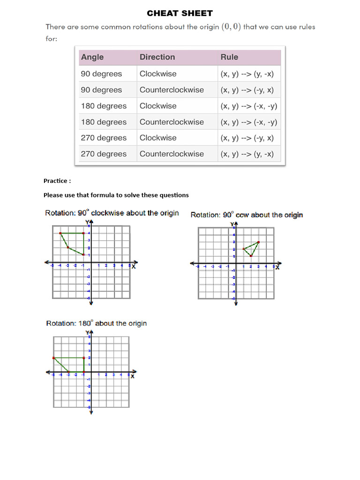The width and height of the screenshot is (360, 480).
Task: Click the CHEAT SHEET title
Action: [x=180, y=13]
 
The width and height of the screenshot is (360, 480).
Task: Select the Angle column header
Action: [x=92, y=57]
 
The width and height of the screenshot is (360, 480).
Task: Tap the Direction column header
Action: [x=157, y=57]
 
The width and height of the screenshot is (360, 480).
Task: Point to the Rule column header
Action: [x=229, y=57]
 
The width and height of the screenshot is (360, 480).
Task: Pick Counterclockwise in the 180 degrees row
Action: [x=172, y=122]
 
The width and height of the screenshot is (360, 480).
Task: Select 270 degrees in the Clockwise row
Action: [x=104, y=138]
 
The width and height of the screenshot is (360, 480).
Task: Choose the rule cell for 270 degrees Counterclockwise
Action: [x=247, y=154]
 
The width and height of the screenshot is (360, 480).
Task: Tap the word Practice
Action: [x=57, y=181]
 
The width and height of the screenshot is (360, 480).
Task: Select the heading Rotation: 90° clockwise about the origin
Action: [x=112, y=213]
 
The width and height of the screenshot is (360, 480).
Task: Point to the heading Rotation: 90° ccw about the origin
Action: [x=247, y=215]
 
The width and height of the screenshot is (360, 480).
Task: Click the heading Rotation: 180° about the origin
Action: [x=96, y=323]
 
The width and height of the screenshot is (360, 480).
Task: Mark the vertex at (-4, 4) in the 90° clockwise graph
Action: [x=60, y=233]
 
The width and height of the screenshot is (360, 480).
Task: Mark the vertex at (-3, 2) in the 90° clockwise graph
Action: [x=68, y=247]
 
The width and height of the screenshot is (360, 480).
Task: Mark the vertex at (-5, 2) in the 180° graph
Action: [x=53, y=358]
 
